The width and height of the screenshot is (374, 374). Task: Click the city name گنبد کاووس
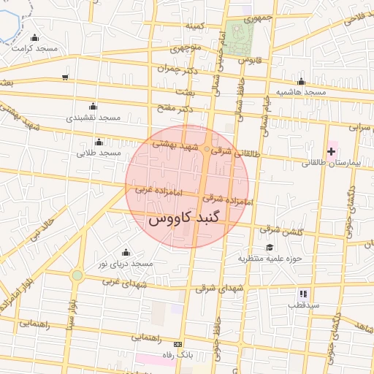[x=187, y=218]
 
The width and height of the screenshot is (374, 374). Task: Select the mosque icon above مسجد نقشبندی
[x=91, y=106]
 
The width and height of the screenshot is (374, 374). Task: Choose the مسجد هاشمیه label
[x=299, y=92]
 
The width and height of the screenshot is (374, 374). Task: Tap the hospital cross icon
[x=332, y=151]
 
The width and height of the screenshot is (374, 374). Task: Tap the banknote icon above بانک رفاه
[x=178, y=343]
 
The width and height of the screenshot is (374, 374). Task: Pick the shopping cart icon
[x=66, y=77]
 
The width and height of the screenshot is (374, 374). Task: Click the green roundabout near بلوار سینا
[x=77, y=275]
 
